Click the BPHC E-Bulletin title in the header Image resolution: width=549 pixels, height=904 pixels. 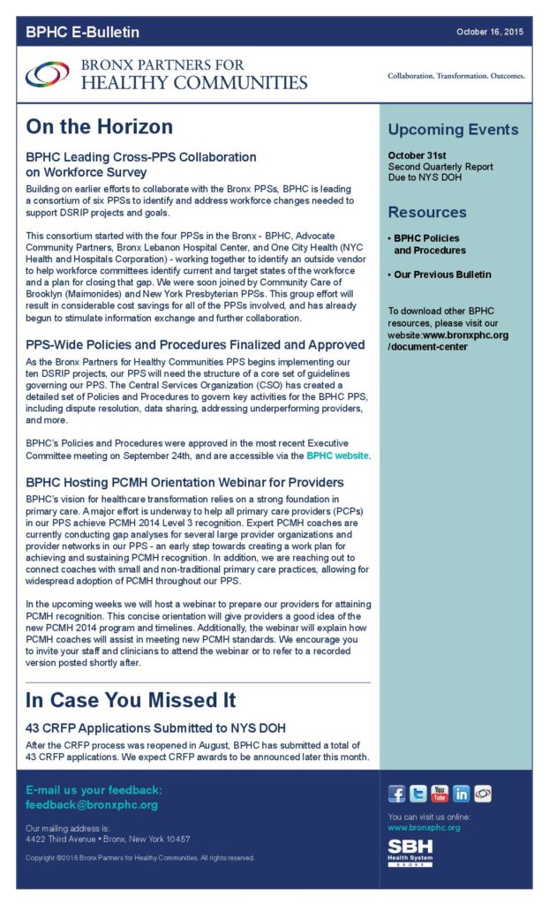pos(82,33)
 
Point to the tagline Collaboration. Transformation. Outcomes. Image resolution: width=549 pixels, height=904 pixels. pos(456,76)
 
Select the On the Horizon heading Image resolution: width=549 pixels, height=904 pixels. pos(99,126)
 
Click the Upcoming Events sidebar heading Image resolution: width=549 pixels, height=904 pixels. pos(453,130)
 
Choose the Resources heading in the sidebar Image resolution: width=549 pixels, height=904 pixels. pos(427,212)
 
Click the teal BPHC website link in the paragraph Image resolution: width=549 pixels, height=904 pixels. pos(338,456)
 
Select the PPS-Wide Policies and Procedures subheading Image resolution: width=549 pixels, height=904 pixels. pos(195,344)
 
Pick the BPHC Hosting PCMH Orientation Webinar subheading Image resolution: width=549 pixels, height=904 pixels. pos(184,483)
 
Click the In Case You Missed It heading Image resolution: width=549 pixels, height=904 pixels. pos(131,700)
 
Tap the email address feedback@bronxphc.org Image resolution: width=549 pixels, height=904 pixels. pos(92,805)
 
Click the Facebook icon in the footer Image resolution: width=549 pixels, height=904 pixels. pos(396,793)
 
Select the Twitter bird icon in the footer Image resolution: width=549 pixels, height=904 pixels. pos(417,793)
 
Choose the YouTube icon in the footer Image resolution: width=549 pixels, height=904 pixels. pos(440,793)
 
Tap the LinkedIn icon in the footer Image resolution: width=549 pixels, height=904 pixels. pos(461,793)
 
